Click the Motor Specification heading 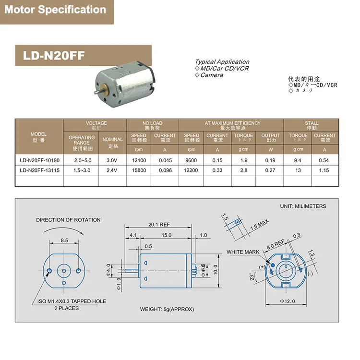pos(55,10)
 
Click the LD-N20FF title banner pos(54,56)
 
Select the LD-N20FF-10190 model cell pos(39,161)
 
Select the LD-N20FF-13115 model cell pos(39,170)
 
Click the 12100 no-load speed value pos(139,161)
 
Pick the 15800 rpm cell pos(139,170)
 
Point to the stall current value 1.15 pos(324,170)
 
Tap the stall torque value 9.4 pos(298,161)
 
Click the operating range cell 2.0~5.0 pos(81,161)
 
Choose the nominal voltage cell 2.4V pos(112,170)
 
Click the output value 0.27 pos(270,170)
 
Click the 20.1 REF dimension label pos(159,224)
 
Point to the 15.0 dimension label pos(167,235)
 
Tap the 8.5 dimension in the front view pos(64,240)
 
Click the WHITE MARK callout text pos(243,252)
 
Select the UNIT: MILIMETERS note pos(303,206)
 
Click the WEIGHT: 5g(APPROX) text pos(167,309)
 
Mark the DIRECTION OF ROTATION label pos(68,220)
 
